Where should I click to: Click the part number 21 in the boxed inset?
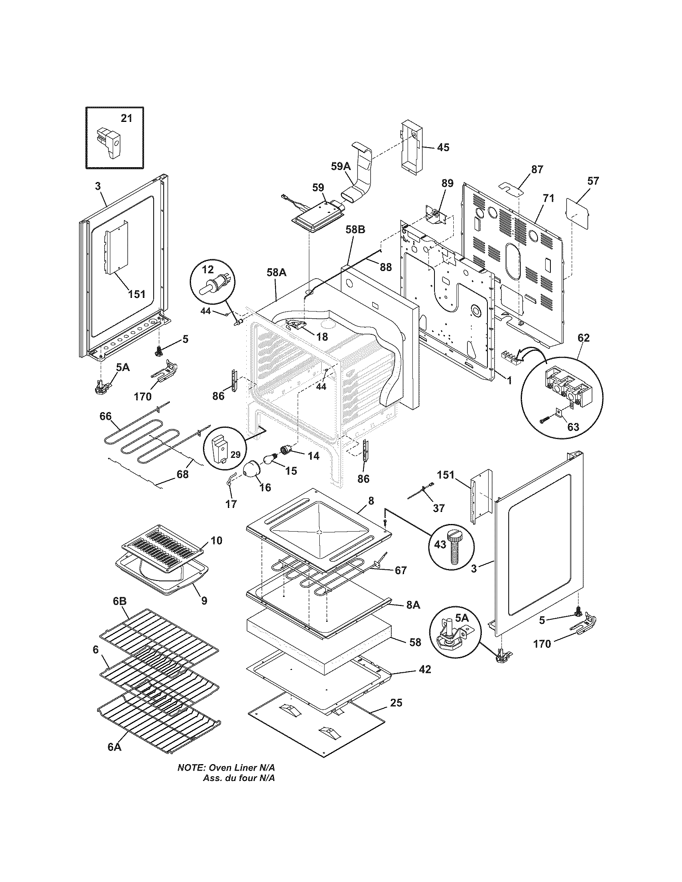(126, 118)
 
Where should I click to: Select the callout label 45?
(443, 148)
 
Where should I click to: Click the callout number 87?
(537, 169)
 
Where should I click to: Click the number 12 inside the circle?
(208, 269)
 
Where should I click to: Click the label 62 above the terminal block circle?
(583, 338)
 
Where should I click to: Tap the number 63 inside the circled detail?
(573, 427)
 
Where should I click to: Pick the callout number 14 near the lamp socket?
(313, 456)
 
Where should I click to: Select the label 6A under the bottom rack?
(114, 747)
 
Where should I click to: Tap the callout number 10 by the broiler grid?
(216, 541)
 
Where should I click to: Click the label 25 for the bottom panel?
(396, 703)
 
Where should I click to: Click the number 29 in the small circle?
(235, 454)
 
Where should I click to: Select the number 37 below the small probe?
(439, 508)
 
